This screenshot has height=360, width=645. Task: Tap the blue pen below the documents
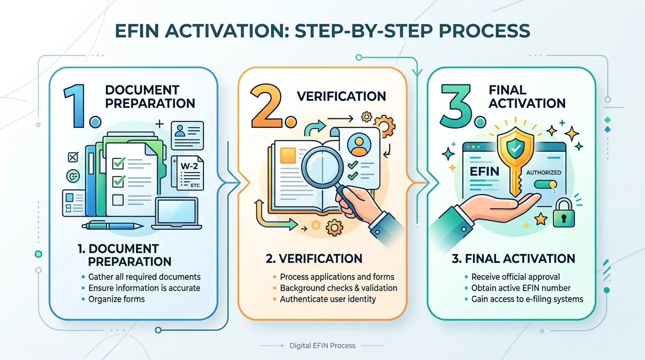(112, 225)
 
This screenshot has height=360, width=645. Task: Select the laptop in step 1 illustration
(177, 213)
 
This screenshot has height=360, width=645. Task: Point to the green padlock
(563, 213)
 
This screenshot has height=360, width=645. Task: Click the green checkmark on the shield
(516, 148)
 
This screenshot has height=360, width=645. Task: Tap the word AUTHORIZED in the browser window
(544, 172)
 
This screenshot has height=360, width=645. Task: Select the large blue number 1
(75, 105)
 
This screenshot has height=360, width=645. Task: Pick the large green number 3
(457, 105)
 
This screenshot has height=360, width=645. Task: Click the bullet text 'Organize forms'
(116, 299)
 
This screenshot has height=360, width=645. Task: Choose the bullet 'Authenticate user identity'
(328, 299)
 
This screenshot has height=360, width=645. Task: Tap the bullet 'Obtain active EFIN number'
(521, 288)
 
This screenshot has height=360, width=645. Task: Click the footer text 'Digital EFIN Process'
(322, 345)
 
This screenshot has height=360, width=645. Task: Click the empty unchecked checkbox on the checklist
(118, 200)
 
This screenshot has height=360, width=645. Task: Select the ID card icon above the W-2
(187, 135)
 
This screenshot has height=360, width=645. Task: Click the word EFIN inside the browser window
(484, 172)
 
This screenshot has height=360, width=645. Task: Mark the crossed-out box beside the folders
(73, 157)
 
